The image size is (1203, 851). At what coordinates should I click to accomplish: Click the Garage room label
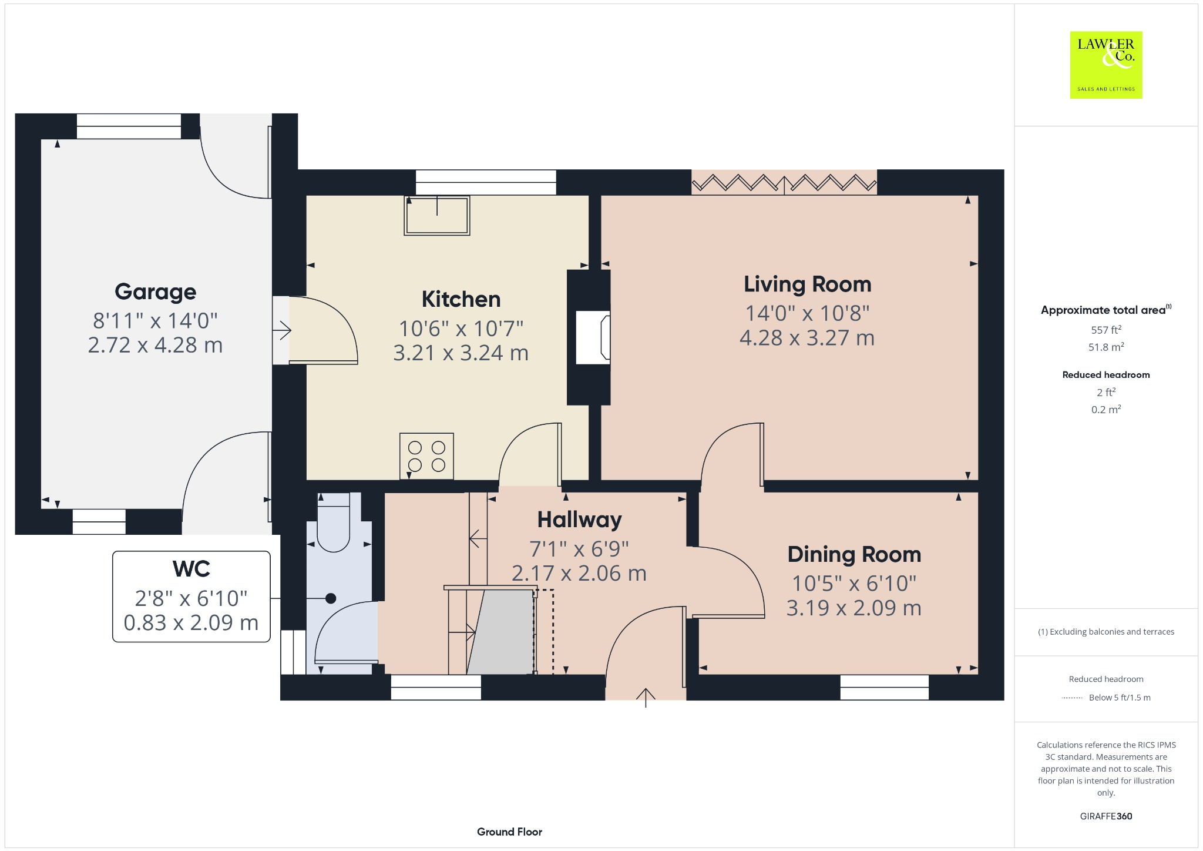click(x=155, y=292)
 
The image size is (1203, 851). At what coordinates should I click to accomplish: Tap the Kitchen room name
click(x=461, y=299)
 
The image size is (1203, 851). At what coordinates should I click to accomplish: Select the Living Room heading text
click(x=807, y=284)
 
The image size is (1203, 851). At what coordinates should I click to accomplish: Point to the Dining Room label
click(x=853, y=554)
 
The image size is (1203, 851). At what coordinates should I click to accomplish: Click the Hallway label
click(x=579, y=520)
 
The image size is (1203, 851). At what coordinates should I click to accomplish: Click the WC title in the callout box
click(x=191, y=569)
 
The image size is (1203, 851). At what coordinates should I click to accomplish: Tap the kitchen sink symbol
click(x=436, y=215)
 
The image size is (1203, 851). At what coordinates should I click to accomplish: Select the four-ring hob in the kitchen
click(x=426, y=456)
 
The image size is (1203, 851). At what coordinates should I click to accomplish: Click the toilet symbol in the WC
click(x=333, y=523)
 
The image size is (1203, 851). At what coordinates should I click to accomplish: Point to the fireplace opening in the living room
click(x=592, y=337)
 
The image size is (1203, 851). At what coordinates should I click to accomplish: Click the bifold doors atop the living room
click(x=784, y=182)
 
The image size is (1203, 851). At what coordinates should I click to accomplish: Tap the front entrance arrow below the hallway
click(x=646, y=697)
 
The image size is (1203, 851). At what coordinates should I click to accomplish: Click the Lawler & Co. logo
click(x=1105, y=65)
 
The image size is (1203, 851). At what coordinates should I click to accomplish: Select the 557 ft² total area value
click(x=1105, y=330)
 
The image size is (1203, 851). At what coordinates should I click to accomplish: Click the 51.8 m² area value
click(x=1105, y=347)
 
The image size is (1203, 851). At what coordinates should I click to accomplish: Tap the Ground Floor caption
click(x=509, y=832)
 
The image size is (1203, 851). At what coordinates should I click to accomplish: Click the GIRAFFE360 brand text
click(x=1105, y=816)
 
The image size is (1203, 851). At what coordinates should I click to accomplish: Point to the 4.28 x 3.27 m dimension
click(x=807, y=338)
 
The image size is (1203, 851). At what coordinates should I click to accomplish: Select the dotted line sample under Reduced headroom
click(x=1072, y=698)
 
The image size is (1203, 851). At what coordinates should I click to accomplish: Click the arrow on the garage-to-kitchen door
click(x=282, y=330)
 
